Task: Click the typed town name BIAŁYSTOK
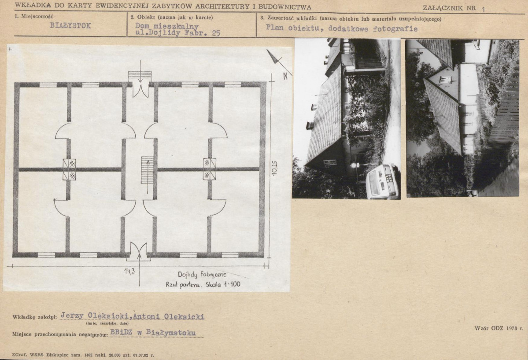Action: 70,26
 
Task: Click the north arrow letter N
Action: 285,76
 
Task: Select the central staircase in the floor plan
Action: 147,170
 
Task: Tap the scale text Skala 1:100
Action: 223,284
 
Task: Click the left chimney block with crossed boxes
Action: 70,169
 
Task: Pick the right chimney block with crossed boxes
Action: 210,169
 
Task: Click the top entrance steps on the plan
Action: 140,77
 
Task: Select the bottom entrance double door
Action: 139,251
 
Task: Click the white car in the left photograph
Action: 383,182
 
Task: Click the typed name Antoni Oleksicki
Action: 168,316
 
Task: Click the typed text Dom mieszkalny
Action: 167,26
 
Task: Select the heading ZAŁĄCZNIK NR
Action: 449,8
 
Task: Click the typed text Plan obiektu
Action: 292,28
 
